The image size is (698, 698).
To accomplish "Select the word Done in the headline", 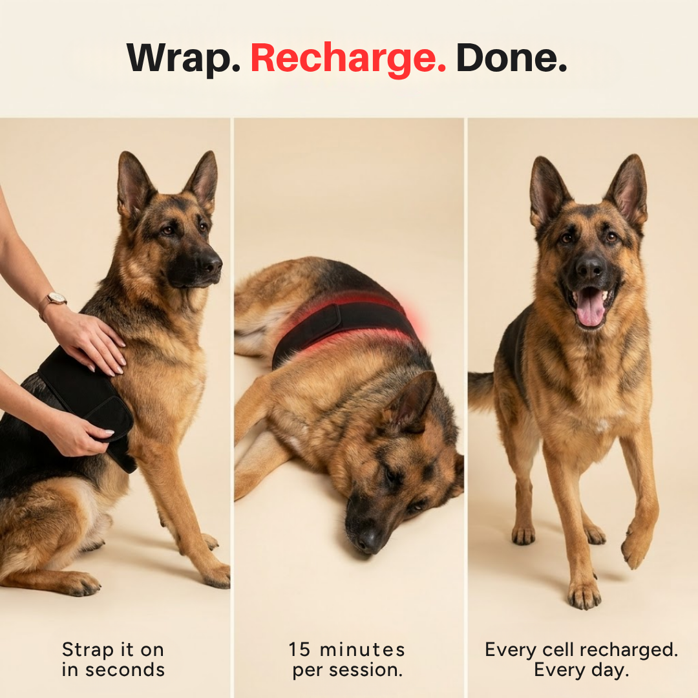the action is pyautogui.click(x=511, y=58).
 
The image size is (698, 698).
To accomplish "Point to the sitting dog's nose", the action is pyautogui.click(x=210, y=264).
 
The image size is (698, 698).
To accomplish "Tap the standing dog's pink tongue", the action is pyautogui.click(x=590, y=307).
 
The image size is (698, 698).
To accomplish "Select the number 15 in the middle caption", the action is pyautogui.click(x=299, y=650).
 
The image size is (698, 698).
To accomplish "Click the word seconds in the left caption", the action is pyautogui.click(x=125, y=670).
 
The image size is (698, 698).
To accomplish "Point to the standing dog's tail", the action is pyautogui.click(x=481, y=390).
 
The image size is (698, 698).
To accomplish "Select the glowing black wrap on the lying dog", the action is pyautogui.click(x=343, y=327).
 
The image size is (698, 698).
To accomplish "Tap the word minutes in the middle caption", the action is pyautogui.click(x=363, y=650).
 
